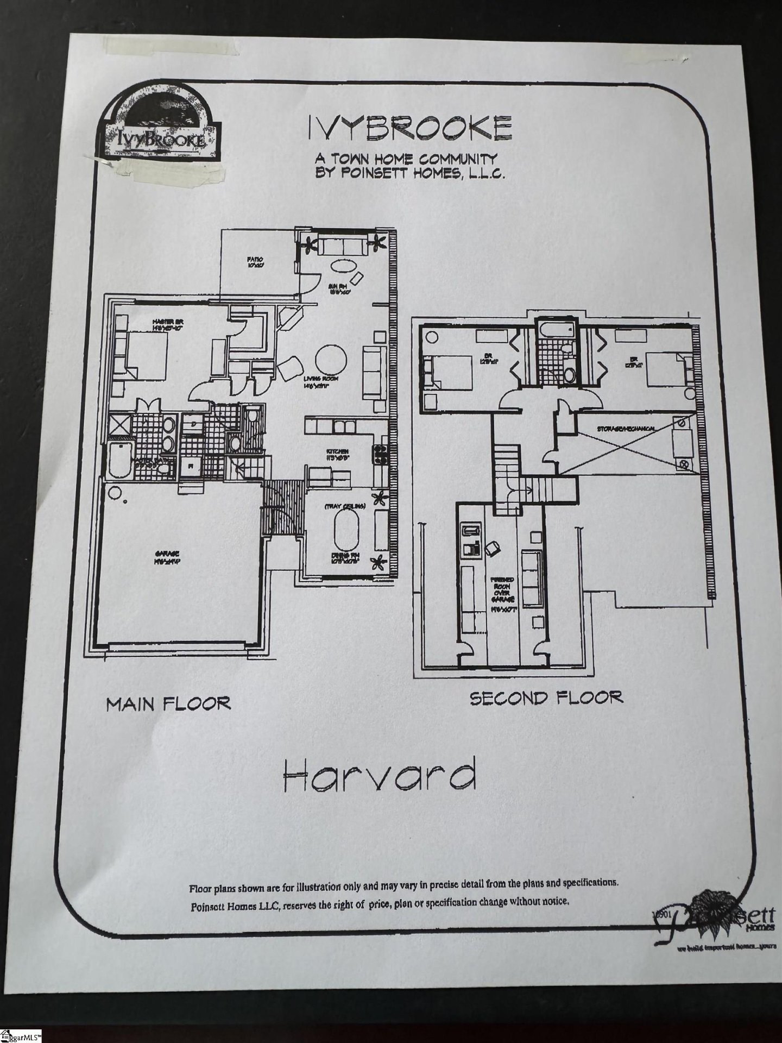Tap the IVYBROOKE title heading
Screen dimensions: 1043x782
(410, 128)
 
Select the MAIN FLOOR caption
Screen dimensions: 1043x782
(168, 704)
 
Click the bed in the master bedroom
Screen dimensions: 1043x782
(146, 354)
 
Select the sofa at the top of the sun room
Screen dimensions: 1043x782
(343, 247)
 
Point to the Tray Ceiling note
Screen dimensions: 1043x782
(345, 506)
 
